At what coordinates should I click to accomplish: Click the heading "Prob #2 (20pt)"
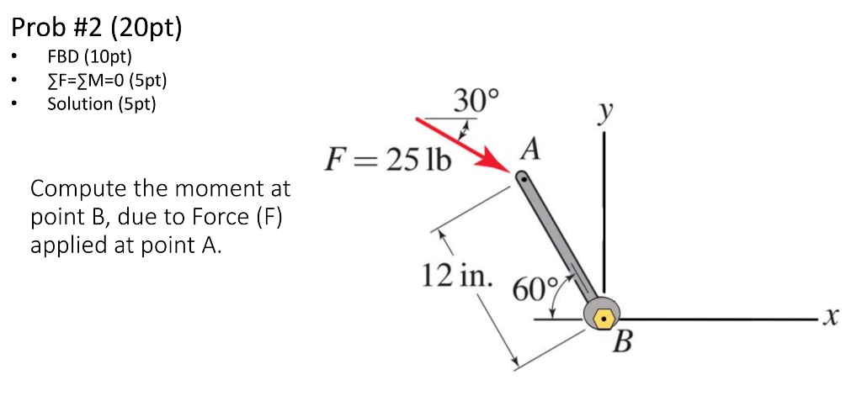pyautogui.click(x=96, y=29)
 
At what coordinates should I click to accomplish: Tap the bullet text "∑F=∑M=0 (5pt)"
pyautogui.click(x=107, y=81)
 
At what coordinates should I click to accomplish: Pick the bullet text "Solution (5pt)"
pyautogui.click(x=102, y=104)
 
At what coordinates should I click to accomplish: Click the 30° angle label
pyautogui.click(x=476, y=103)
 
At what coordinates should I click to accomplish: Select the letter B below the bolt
pyautogui.click(x=622, y=342)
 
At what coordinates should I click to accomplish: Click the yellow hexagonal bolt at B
pyautogui.click(x=604, y=319)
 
